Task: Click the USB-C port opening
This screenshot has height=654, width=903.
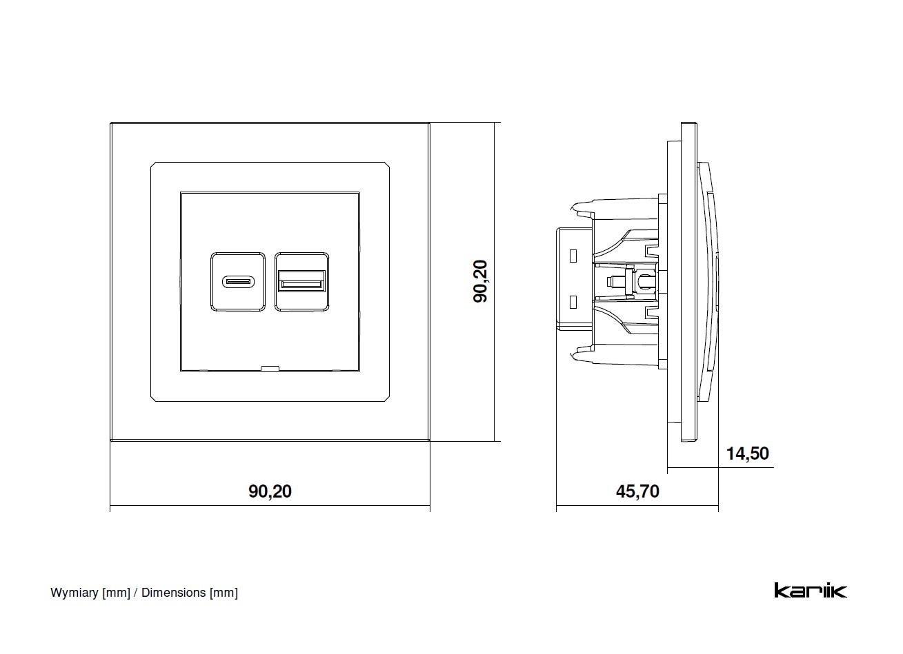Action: pos(238,281)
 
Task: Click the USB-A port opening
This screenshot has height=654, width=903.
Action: pos(301,281)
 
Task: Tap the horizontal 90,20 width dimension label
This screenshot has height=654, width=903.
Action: pos(270,491)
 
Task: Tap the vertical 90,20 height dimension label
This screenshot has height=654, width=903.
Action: pos(480,281)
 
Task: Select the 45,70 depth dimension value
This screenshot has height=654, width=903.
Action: pos(637,491)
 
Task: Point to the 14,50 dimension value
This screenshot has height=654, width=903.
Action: pos(747,453)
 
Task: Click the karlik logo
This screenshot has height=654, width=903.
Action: pos(810,591)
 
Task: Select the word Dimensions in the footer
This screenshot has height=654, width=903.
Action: pos(173,593)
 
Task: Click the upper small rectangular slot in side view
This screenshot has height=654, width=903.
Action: pos(573,256)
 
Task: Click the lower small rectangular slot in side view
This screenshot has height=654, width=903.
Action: pos(573,301)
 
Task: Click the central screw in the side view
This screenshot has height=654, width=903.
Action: pos(613,281)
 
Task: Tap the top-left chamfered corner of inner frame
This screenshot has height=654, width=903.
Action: pos(153,165)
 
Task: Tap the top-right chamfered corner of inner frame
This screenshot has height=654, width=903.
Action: pos(387,165)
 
